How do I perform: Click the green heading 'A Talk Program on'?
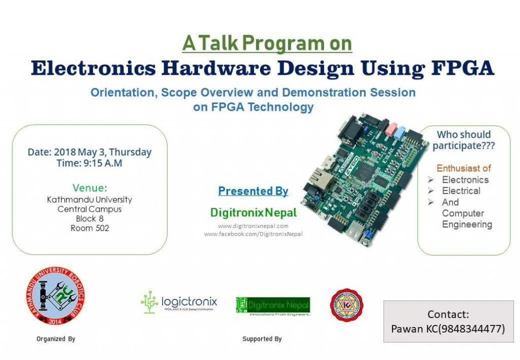pos(267,43)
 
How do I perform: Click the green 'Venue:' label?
pos(89,187)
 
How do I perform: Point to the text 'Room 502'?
pos(89,228)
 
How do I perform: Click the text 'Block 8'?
pos(89,219)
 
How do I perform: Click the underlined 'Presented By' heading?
pos(253,191)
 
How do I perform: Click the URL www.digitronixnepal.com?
pos(253,226)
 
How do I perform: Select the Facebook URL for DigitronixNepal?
pos(253,234)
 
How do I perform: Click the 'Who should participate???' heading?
pos(464,140)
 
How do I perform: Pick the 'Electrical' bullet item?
pos(461,191)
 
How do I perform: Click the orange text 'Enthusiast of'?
pos(464,168)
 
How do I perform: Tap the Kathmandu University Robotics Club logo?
pos(56,297)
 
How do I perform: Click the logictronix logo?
pos(179,303)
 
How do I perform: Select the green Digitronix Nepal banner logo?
pos(273,306)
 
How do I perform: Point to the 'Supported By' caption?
pos(262,339)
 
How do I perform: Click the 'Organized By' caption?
pos(56,339)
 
